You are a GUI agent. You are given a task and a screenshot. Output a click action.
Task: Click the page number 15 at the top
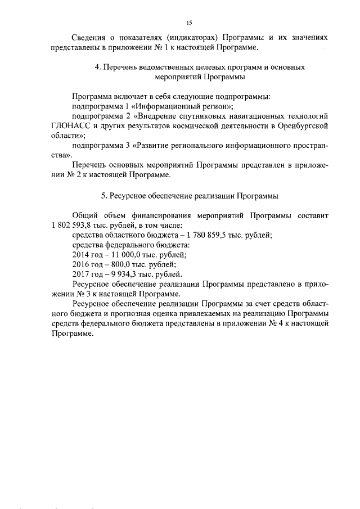coord(188,22)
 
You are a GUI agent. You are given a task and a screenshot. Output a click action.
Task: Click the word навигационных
coord(250,115)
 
